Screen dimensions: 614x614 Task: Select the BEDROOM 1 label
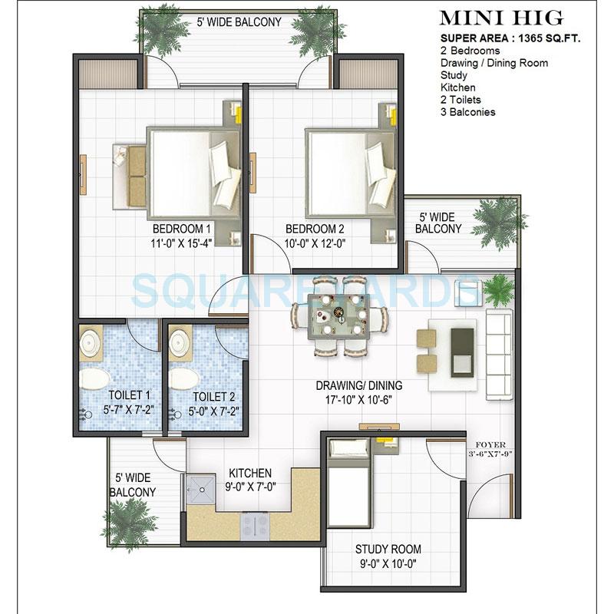pyautogui.click(x=181, y=229)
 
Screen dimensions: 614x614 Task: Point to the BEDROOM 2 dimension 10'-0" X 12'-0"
pyautogui.click(x=315, y=243)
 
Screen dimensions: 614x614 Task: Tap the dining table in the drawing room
pyautogui.click(x=338, y=315)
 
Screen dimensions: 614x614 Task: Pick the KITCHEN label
pyautogui.click(x=249, y=474)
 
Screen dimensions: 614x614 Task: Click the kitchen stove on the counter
pyautogui.click(x=255, y=526)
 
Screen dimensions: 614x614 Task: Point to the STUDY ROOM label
pyautogui.click(x=388, y=550)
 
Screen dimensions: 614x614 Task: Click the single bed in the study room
pyautogui.click(x=349, y=484)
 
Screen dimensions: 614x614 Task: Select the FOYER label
pyautogui.click(x=491, y=444)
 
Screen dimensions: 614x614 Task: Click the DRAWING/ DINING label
pyautogui.click(x=359, y=385)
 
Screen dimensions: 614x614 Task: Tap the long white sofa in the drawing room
pyautogui.click(x=499, y=352)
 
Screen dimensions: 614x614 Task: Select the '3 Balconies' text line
pyautogui.click(x=468, y=112)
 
